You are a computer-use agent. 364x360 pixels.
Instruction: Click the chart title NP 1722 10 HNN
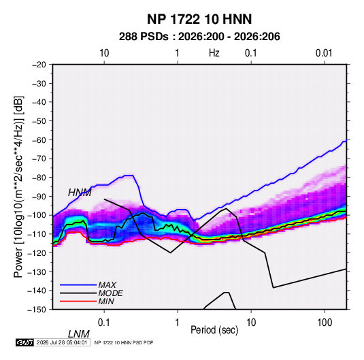point(199,19)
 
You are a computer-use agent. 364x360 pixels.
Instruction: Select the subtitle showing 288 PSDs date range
point(199,37)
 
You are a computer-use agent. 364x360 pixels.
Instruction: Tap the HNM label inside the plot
point(80,193)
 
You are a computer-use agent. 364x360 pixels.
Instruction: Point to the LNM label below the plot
point(78,334)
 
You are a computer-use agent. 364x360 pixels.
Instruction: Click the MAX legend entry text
point(107,285)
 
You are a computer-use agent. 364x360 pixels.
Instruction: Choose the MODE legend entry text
point(110,293)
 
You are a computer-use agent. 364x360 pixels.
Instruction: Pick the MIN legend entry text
point(106,301)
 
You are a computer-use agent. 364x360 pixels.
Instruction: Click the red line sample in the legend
point(78,301)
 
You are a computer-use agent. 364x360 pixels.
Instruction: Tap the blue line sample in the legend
point(78,285)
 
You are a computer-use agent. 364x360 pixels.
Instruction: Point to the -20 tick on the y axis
point(39,65)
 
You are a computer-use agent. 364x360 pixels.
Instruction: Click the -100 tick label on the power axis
point(37,215)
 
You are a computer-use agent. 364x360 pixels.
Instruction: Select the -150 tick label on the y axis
point(37,310)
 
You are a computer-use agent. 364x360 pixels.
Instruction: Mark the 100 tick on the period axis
point(325,323)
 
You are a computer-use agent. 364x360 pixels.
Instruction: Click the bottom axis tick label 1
point(178,323)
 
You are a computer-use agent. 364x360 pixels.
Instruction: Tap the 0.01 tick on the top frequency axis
point(324,53)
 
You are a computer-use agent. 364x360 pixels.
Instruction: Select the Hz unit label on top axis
point(214,53)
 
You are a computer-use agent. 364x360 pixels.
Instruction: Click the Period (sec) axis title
point(214,330)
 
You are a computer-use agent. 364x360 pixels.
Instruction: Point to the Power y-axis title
point(18,187)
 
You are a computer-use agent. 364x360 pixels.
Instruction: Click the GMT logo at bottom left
point(25,342)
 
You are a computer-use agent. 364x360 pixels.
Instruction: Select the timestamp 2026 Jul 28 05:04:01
point(62,342)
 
